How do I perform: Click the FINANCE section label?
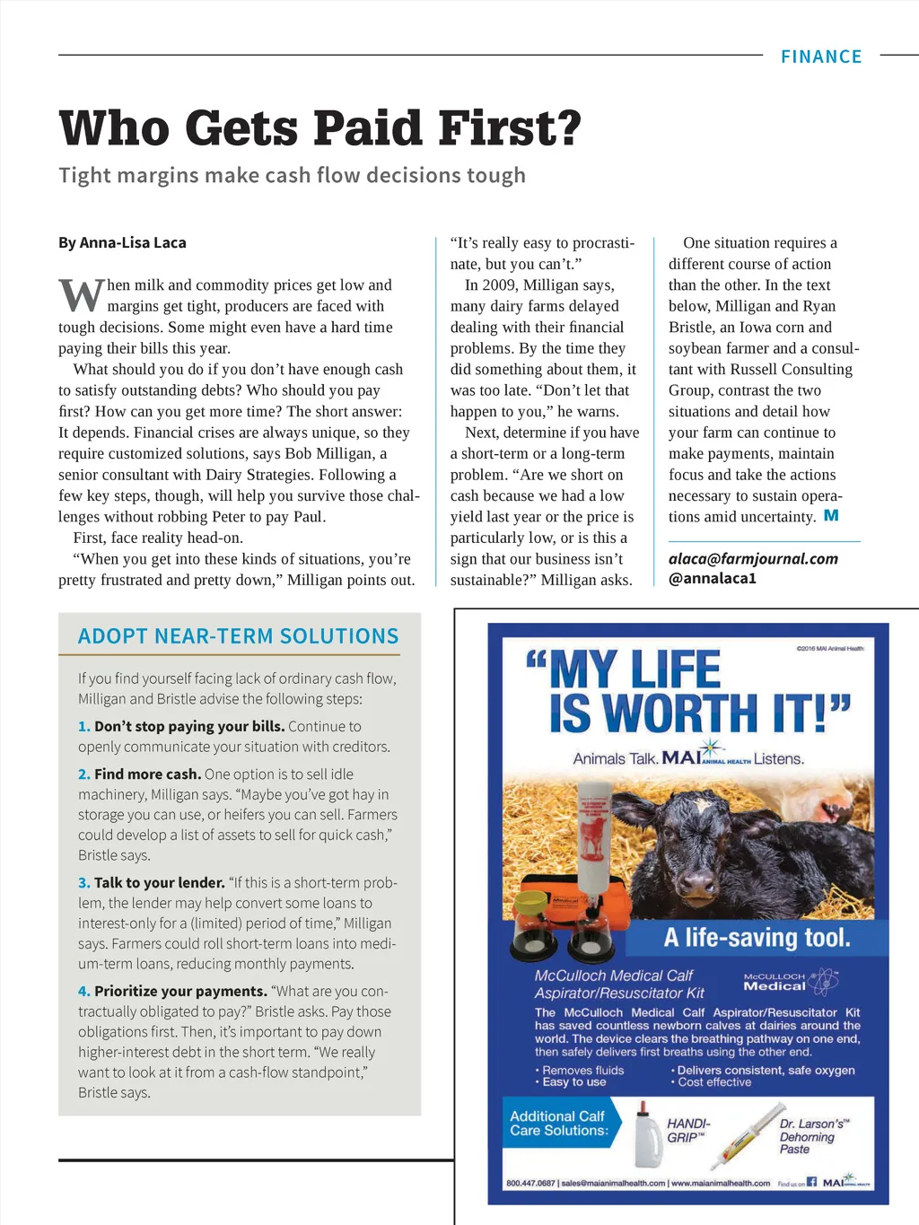821,57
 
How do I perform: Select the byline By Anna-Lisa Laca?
122,242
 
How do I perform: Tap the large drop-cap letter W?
82,294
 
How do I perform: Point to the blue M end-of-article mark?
831,516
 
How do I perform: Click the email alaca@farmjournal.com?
753,558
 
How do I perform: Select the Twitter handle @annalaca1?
713,579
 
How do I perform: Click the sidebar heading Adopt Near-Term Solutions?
238,636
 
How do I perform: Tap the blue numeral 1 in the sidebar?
83,727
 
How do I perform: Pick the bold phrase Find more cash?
147,774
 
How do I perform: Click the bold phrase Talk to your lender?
159,883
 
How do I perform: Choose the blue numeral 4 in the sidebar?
83,992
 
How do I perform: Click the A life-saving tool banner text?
756,939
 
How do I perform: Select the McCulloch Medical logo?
790,981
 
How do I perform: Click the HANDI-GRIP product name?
687,1130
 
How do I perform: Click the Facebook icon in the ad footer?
811,1182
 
